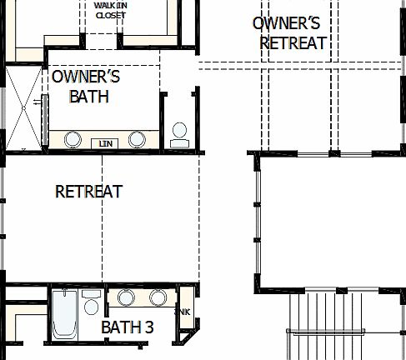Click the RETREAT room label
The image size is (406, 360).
pyautogui.click(x=88, y=192)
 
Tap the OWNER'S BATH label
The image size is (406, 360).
pyautogui.click(x=86, y=87)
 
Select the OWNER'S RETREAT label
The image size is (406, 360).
pyautogui.click(x=289, y=32)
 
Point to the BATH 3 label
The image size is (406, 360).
pyautogui.click(x=127, y=327)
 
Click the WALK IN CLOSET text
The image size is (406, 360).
pyautogui.click(x=111, y=9)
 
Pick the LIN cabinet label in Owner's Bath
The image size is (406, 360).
pyautogui.click(x=105, y=143)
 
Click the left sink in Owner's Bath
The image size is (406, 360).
pyautogui.click(x=73, y=138)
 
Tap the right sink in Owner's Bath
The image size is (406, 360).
pyautogui.click(x=138, y=138)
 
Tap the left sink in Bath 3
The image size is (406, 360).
pyautogui.click(x=126, y=297)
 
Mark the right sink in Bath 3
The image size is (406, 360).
pyautogui.click(x=158, y=297)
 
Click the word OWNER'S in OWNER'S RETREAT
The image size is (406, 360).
pyautogui.click(x=285, y=22)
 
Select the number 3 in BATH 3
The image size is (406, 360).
pyautogui.click(x=148, y=327)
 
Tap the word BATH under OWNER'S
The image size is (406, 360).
pyautogui.click(x=89, y=97)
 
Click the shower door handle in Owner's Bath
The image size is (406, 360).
pyautogui.click(x=37, y=102)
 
